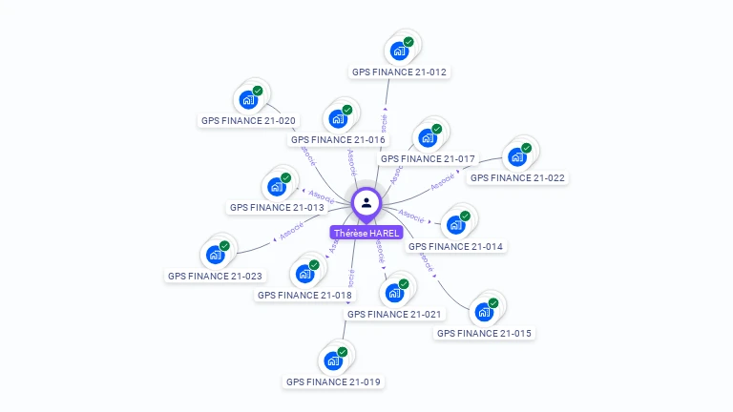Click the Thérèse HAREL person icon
point(366,202)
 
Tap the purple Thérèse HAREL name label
point(366,233)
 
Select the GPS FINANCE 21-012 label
point(399,72)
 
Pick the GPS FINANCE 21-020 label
point(248,121)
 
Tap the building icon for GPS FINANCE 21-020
point(248,99)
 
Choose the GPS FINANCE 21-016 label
point(338,139)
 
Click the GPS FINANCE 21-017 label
point(428,158)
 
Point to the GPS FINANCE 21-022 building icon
point(517,156)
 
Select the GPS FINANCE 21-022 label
point(517,177)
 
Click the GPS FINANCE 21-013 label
point(277,207)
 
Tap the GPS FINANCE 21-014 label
point(455,246)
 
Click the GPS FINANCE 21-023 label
point(215,276)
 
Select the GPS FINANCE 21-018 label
point(304,295)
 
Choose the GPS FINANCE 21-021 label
point(394,314)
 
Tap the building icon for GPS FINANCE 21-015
point(484,312)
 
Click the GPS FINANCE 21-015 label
point(484,333)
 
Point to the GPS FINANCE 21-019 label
point(333,381)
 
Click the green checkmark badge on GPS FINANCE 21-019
point(342,352)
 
